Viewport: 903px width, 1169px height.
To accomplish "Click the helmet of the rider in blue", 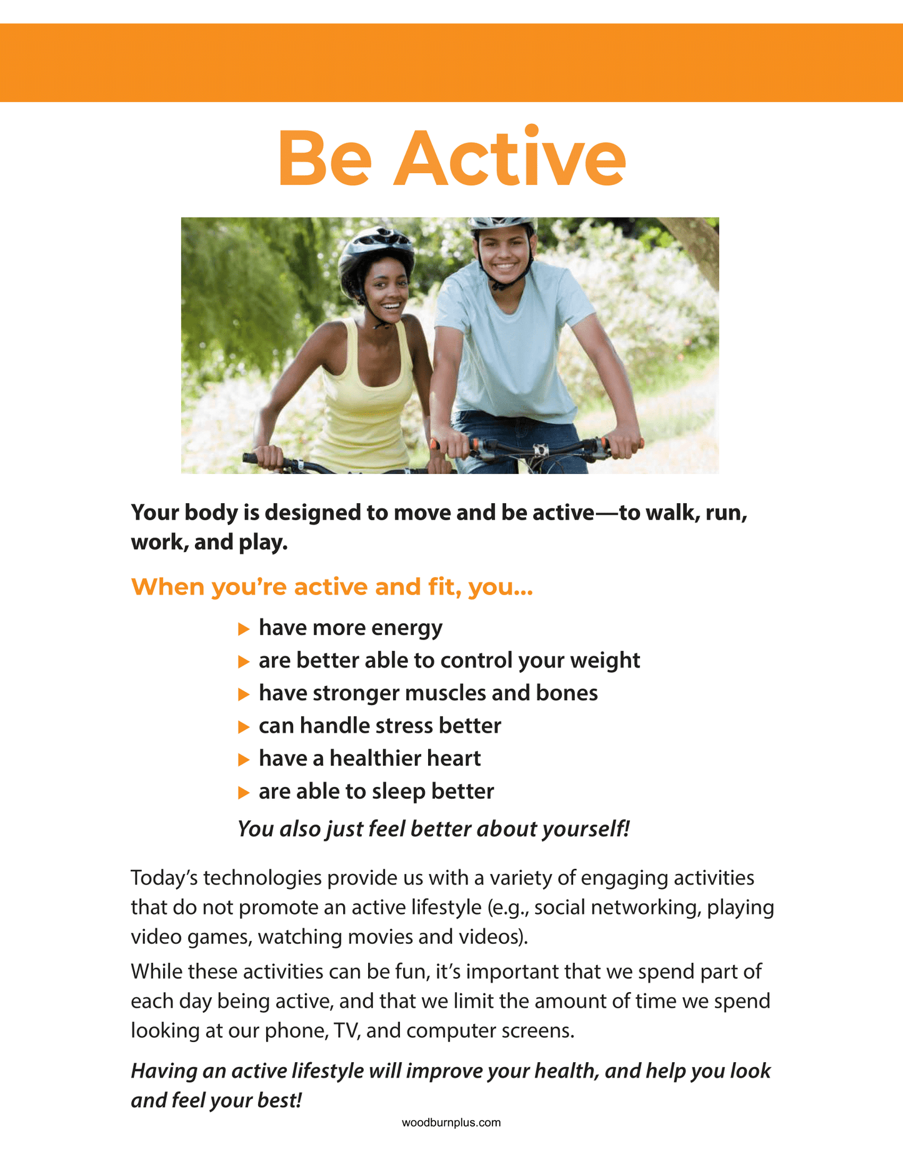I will point(502,223).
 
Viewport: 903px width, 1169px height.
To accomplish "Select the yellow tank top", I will point(366,400).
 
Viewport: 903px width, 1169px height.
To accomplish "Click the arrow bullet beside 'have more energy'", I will point(244,629).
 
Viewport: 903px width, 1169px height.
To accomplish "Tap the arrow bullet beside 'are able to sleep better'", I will point(244,793).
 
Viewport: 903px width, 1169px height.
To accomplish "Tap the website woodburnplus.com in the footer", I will point(451,1122).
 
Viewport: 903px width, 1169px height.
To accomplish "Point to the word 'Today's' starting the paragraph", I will point(164,878).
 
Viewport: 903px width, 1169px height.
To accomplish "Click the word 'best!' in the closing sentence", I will point(279,1100).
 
